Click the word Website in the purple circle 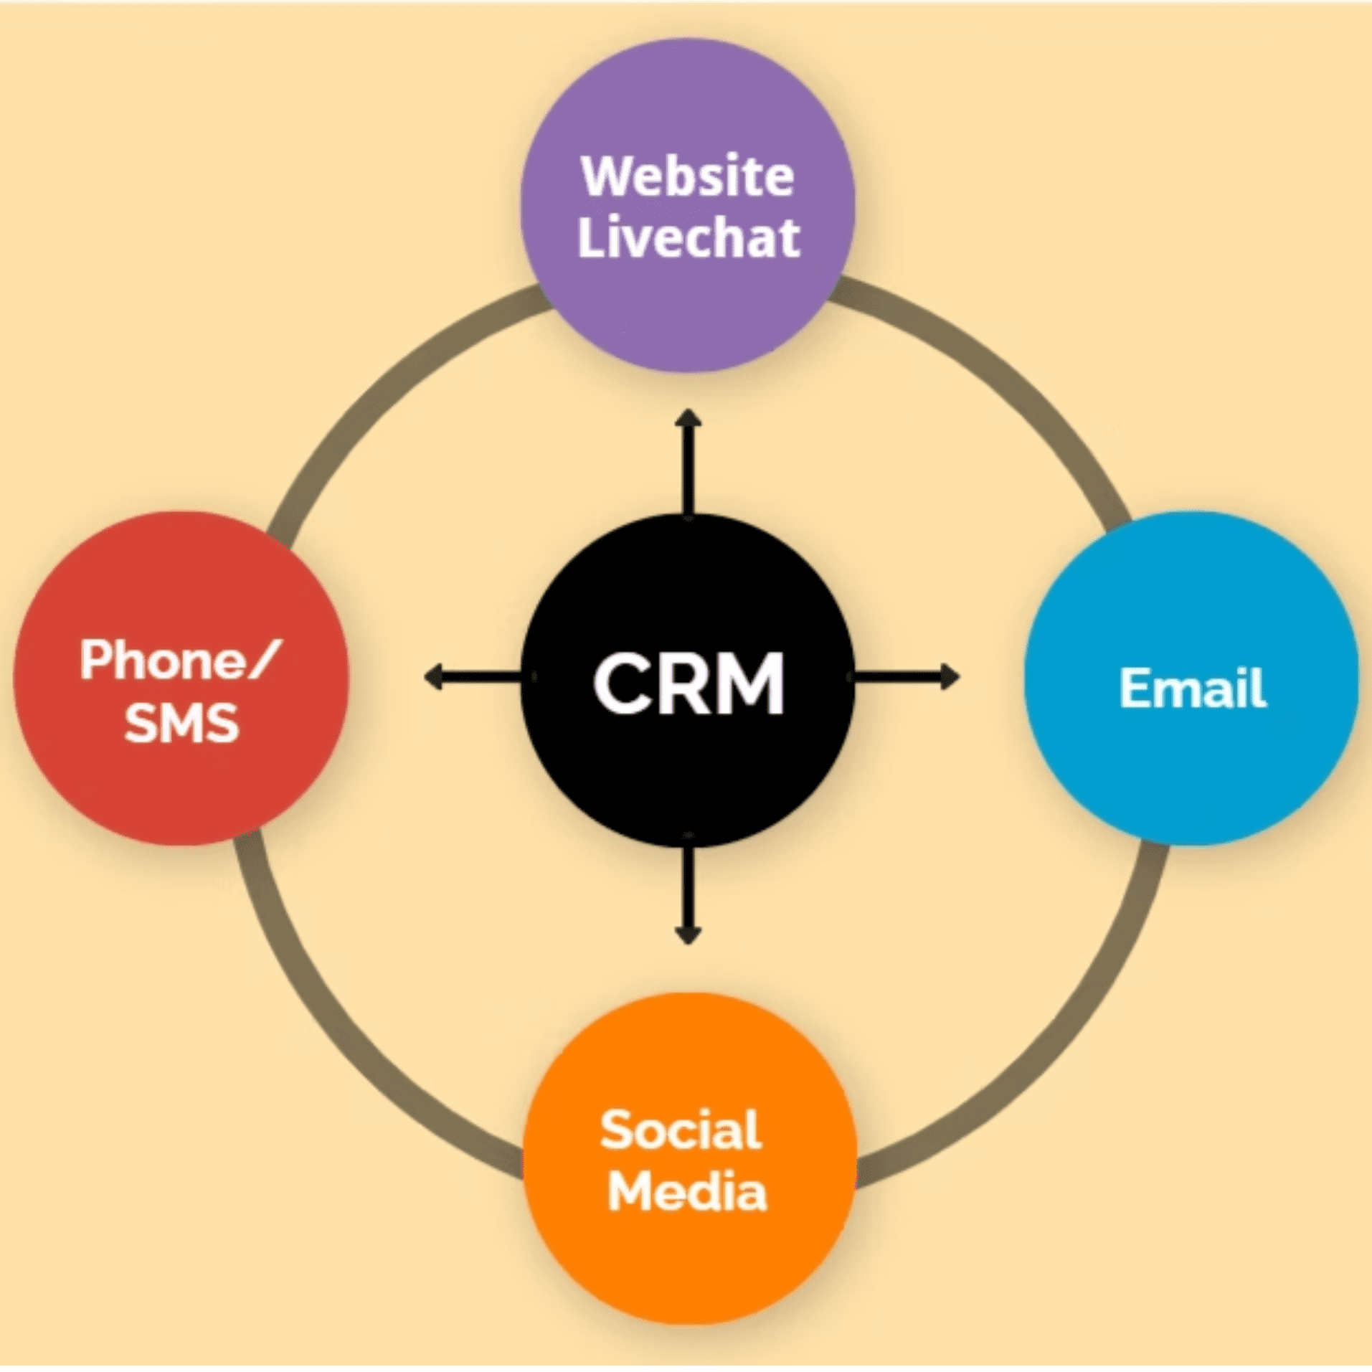687,176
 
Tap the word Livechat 689,237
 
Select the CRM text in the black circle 689,682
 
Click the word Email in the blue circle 1193,688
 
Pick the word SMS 181,722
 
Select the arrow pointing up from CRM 689,463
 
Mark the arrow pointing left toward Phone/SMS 473,676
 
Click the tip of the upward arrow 689,413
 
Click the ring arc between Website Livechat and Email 1018,387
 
